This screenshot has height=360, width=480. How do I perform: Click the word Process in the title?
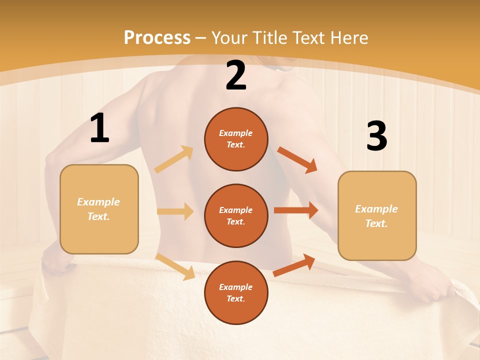(x=157, y=37)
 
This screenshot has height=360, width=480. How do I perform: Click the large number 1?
(x=99, y=128)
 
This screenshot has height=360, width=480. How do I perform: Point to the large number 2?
(x=236, y=76)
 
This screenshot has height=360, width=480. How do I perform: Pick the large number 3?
(x=376, y=136)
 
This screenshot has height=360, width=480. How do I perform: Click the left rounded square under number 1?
(x=99, y=209)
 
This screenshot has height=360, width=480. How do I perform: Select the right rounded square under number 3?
(x=377, y=215)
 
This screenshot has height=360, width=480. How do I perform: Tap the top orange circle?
(x=236, y=139)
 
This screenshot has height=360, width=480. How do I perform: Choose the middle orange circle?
(x=236, y=215)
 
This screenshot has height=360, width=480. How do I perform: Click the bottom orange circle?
(x=236, y=292)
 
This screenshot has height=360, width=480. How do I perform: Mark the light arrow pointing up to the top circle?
(x=174, y=159)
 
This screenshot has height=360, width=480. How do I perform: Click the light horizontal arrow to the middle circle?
(x=175, y=211)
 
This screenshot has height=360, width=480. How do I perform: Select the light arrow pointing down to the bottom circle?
(x=175, y=266)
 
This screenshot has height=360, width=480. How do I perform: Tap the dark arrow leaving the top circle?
(x=297, y=160)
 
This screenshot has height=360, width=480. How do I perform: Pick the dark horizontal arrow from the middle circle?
(x=296, y=210)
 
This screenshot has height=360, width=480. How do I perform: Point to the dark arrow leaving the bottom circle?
(x=294, y=265)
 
